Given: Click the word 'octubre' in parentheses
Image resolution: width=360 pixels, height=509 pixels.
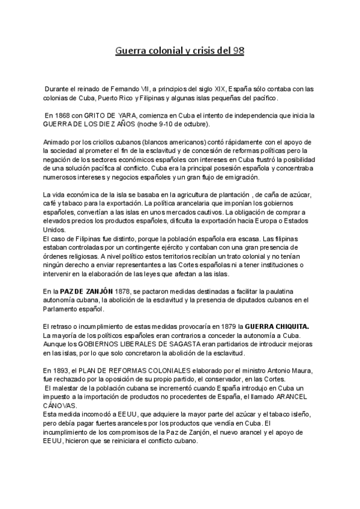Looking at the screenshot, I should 194,124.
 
